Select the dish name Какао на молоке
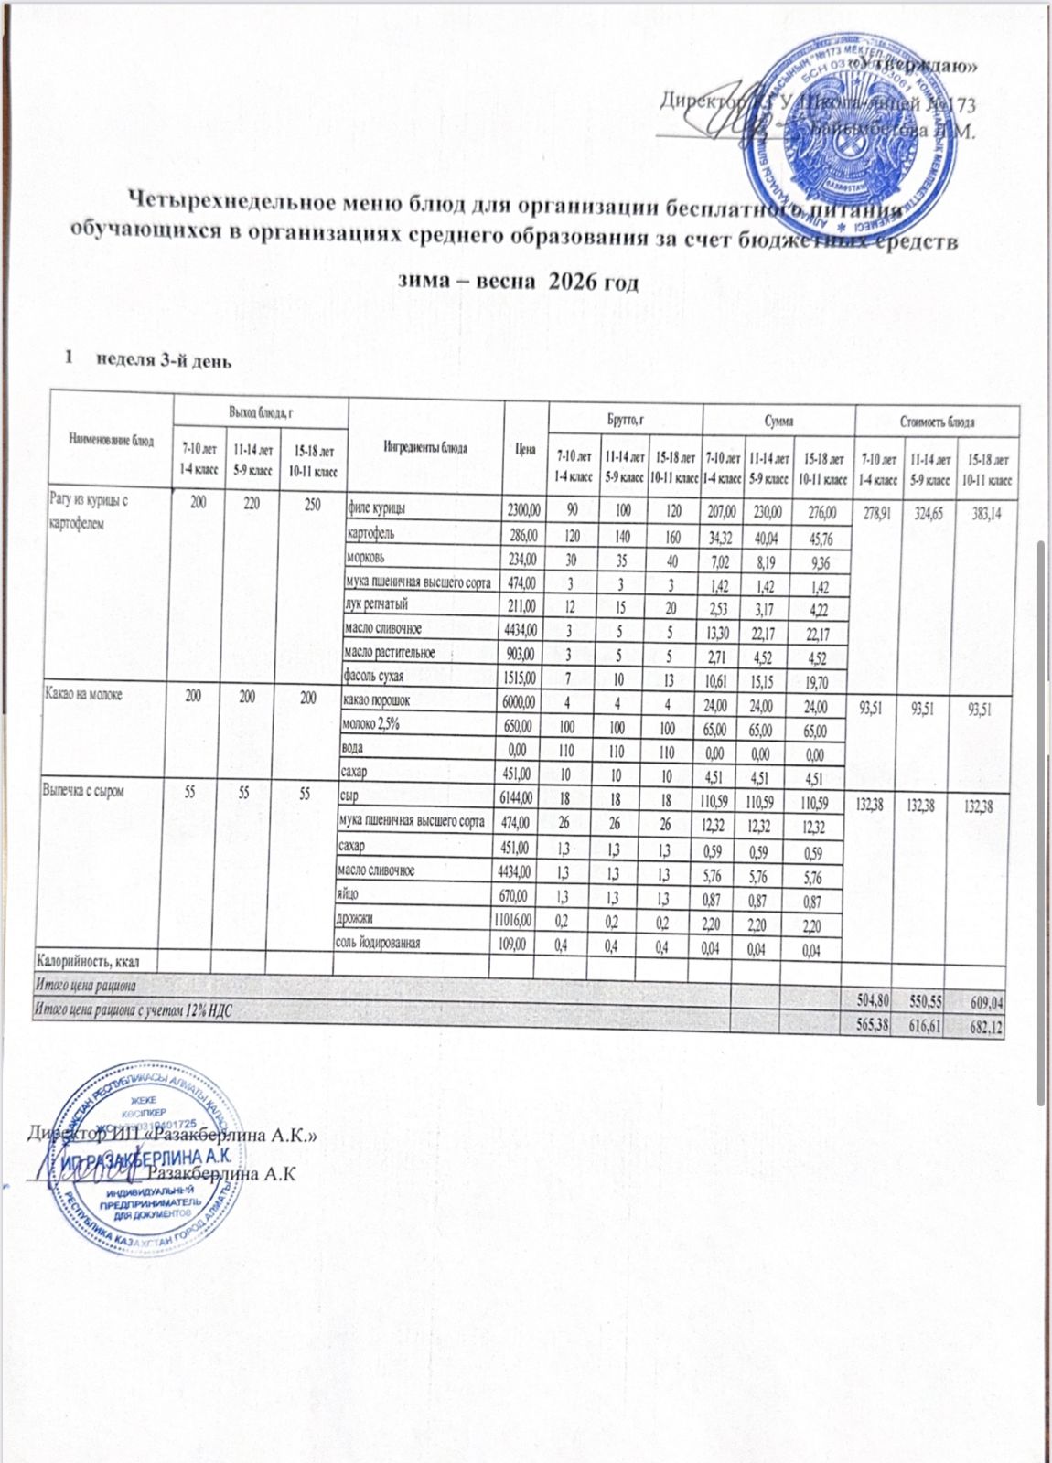(83, 695)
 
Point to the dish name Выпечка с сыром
(84, 791)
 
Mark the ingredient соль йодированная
(378, 943)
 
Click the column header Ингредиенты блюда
(425, 448)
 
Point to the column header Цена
(525, 449)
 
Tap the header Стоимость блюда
(937, 422)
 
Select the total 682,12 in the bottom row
(985, 1028)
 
